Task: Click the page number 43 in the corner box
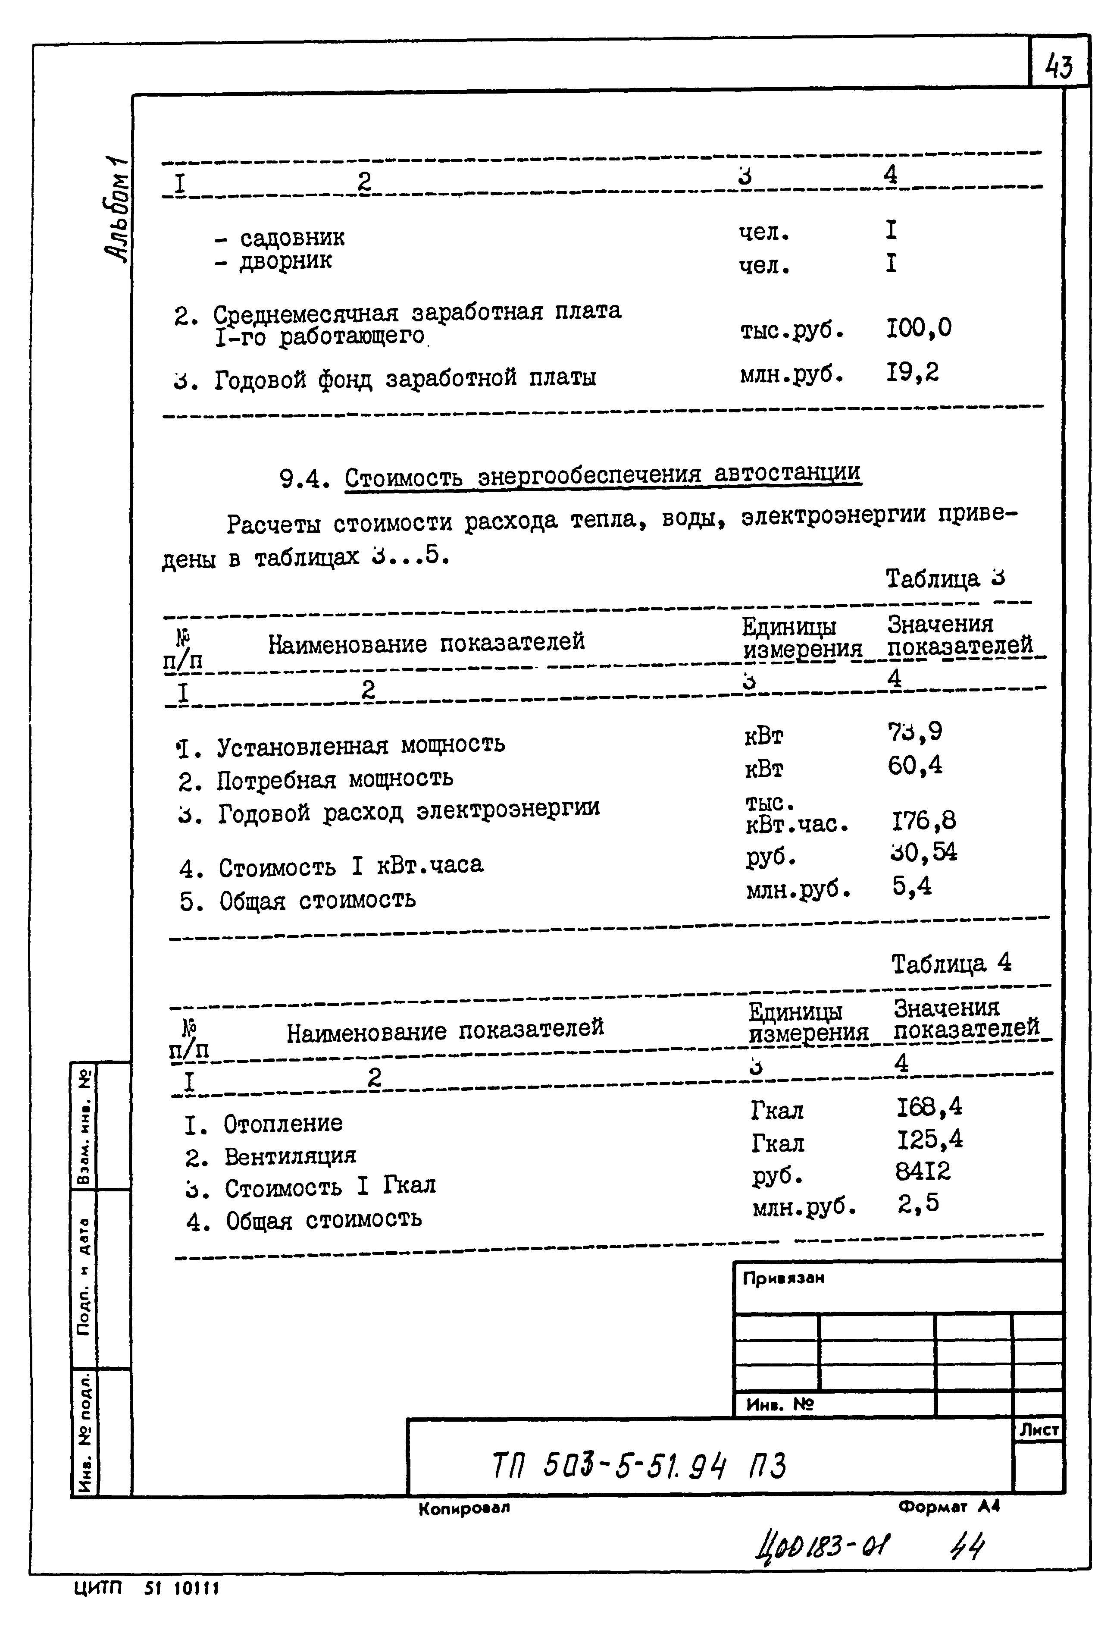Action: coord(1059,67)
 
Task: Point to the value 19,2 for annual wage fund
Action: coord(912,372)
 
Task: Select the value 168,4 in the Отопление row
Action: coord(929,1107)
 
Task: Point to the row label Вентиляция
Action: coord(290,1156)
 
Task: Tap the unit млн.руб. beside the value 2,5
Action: coord(804,1207)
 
